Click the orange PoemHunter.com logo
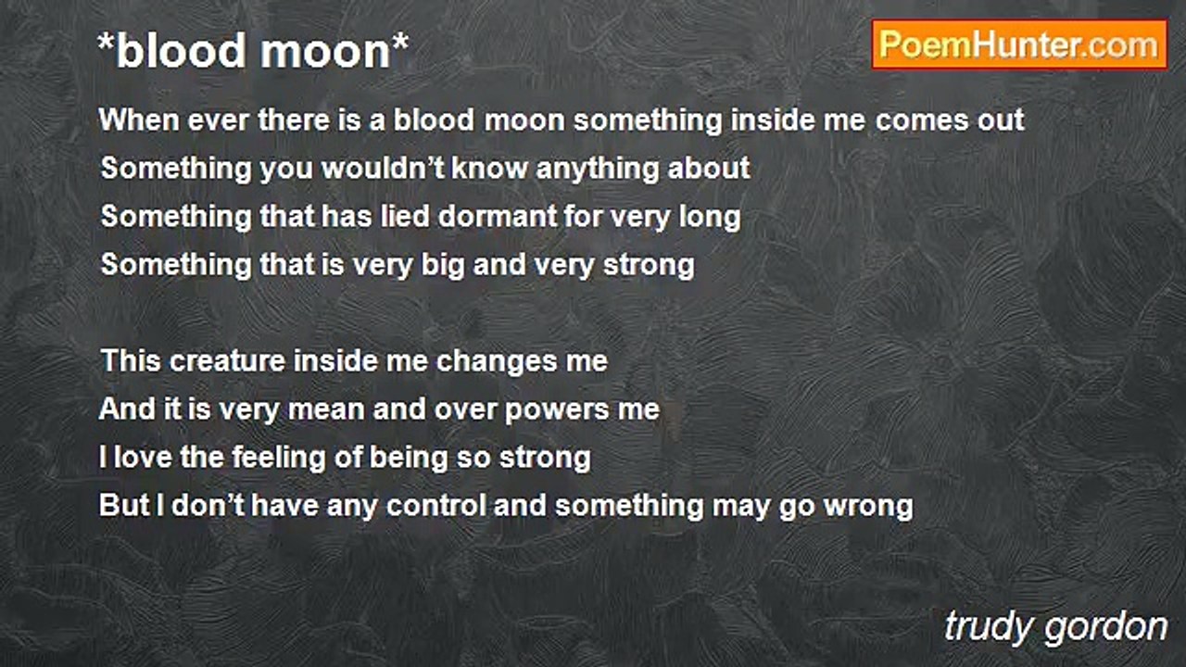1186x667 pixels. pos(1019,45)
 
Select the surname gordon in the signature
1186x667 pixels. pos(1106,628)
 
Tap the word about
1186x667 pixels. pos(709,169)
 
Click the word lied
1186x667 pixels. pos(405,217)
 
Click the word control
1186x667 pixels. pos(436,506)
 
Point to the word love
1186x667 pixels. pos(143,458)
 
